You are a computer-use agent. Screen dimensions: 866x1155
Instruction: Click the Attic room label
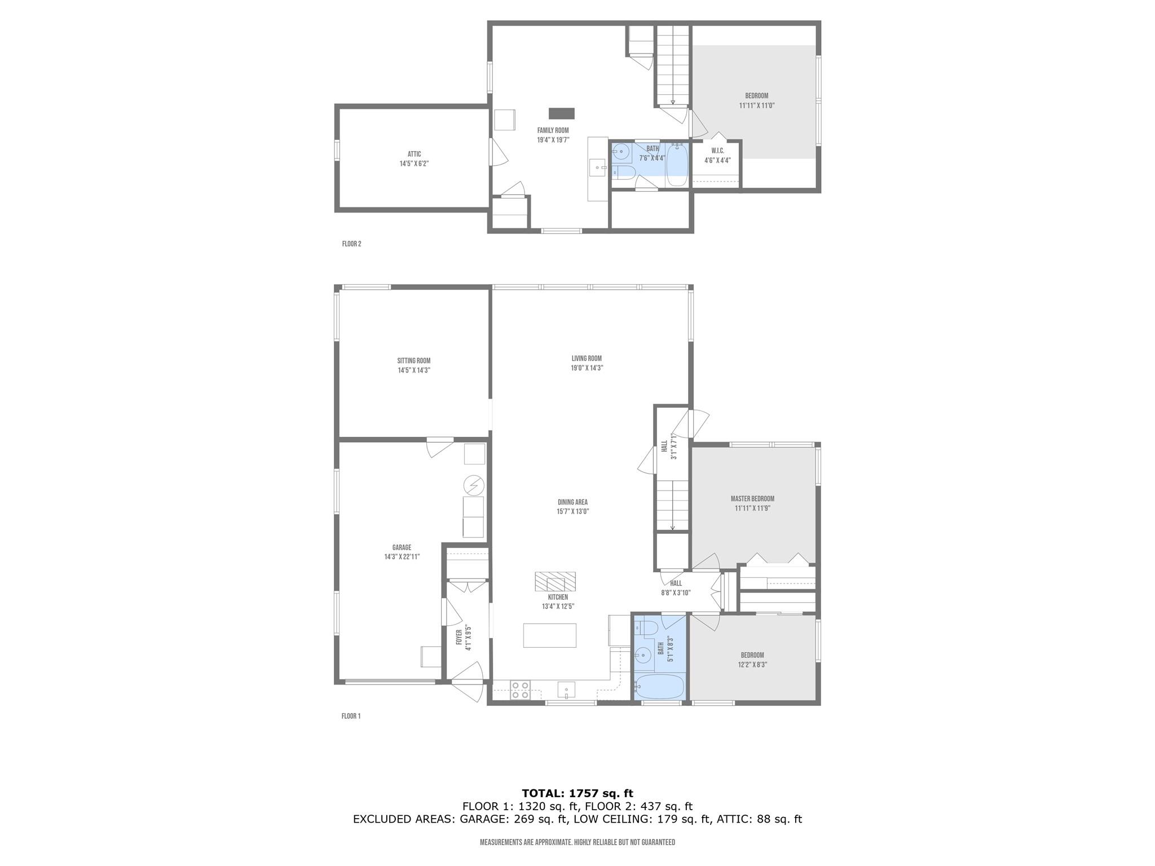click(x=414, y=154)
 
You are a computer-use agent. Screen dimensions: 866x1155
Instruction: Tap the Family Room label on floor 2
click(x=553, y=130)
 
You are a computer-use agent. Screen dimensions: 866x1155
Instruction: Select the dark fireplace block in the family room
click(x=562, y=113)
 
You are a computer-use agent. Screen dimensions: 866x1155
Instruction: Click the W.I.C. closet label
click(x=717, y=151)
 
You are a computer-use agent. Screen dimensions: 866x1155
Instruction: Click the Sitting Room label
click(x=413, y=361)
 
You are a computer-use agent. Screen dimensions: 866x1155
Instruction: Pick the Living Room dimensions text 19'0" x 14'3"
click(x=587, y=368)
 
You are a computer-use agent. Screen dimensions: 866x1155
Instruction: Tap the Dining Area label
click(x=572, y=502)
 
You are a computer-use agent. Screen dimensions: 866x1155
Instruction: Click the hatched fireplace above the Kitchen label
click(x=555, y=581)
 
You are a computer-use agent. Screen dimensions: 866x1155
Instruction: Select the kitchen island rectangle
click(x=549, y=635)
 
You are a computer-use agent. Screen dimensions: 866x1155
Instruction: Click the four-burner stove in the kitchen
click(x=519, y=690)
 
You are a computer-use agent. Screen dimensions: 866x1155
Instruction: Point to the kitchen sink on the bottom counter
click(x=566, y=690)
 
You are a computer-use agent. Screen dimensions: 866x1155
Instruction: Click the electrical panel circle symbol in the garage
click(x=473, y=485)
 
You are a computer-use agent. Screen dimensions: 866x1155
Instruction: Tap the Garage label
click(x=402, y=547)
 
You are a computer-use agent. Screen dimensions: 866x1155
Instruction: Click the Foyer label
click(x=459, y=638)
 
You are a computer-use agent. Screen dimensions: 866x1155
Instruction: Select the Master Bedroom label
click(x=752, y=499)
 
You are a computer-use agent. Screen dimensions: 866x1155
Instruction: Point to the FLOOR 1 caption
click(x=351, y=717)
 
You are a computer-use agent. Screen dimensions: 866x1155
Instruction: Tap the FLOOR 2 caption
click(x=351, y=244)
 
